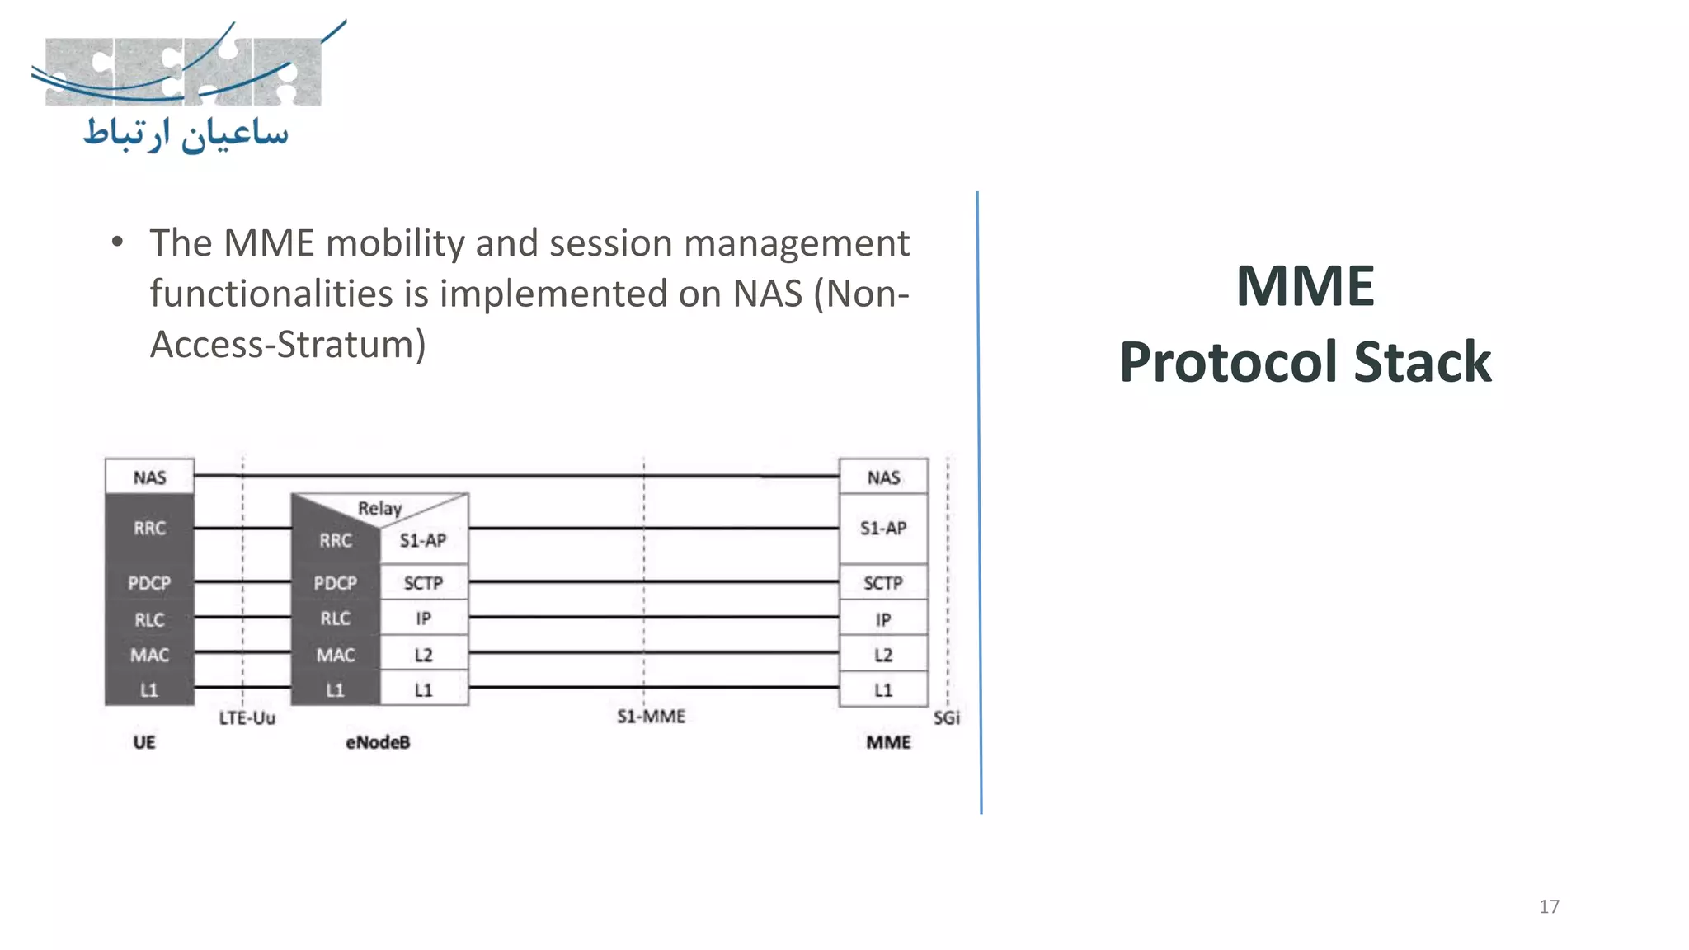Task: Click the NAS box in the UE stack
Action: tap(149, 477)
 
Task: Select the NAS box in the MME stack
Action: tap(883, 477)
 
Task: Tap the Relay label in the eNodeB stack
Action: tap(379, 508)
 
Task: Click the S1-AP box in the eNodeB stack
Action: tap(423, 540)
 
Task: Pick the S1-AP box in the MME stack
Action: tap(883, 528)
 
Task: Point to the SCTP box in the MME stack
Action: tap(883, 583)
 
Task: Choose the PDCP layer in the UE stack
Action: tap(149, 583)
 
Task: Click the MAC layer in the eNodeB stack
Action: tap(336, 655)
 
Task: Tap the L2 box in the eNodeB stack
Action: tap(423, 655)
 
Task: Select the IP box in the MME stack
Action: tap(883, 619)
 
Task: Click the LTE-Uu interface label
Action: tap(247, 717)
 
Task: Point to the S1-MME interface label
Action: tap(651, 716)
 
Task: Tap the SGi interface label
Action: tap(947, 717)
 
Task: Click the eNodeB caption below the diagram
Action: tap(378, 742)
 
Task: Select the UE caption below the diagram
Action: tap(144, 742)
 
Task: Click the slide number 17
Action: tap(1549, 906)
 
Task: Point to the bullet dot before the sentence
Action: tap(117, 242)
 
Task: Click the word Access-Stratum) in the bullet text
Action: tap(288, 344)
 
